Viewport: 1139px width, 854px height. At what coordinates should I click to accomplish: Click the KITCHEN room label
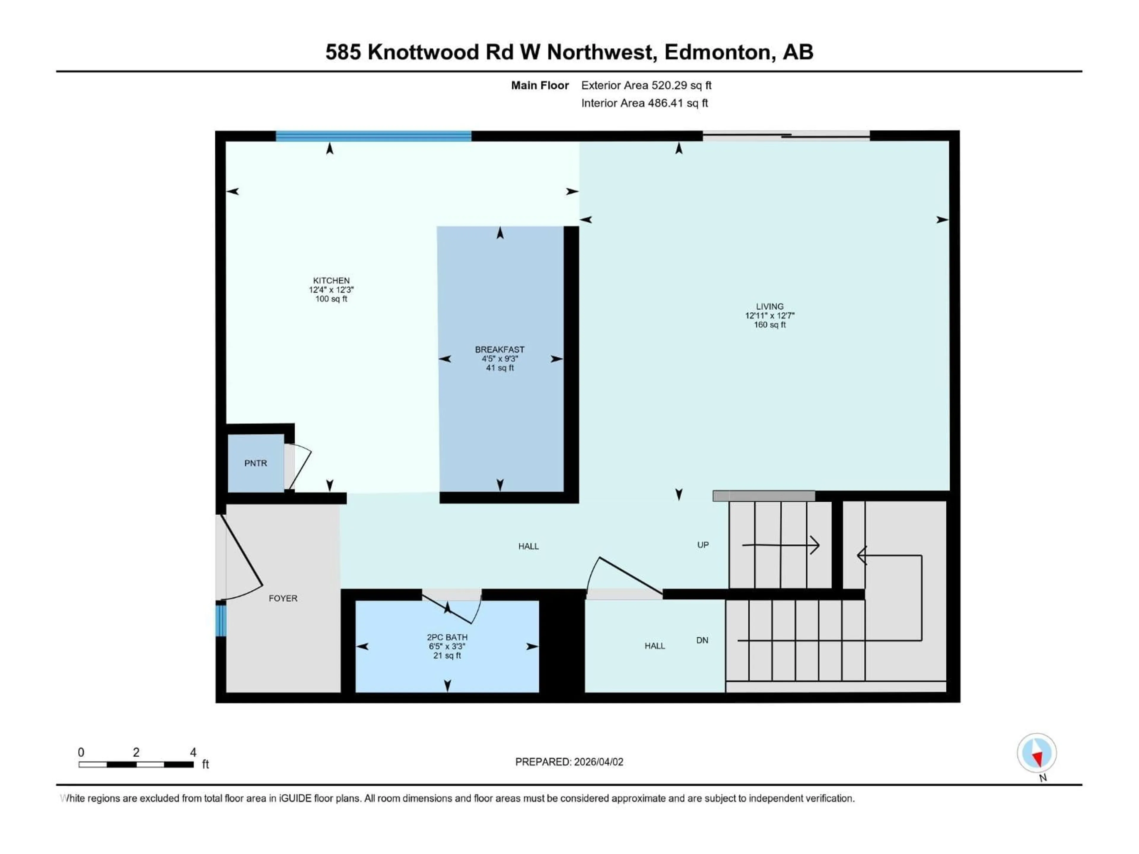331,281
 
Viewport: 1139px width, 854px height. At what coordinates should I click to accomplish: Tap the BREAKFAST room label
499,350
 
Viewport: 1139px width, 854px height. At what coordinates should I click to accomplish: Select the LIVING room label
769,306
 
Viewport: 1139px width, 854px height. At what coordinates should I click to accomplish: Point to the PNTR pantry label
255,463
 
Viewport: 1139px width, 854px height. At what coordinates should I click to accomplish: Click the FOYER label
283,598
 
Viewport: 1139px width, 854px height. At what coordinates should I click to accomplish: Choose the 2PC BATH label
447,637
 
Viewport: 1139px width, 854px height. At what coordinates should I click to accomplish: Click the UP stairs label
703,545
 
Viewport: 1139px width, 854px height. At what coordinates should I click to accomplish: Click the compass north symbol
1037,753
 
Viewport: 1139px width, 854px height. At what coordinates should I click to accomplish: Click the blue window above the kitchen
373,136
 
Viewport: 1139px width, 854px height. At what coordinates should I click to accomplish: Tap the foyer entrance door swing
242,561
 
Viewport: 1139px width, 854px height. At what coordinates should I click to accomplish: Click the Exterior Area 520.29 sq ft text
646,85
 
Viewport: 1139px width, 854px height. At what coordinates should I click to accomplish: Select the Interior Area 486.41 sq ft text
645,103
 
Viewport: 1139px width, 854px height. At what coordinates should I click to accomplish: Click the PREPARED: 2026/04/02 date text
569,762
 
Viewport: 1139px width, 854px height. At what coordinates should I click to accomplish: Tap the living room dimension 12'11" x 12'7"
769,316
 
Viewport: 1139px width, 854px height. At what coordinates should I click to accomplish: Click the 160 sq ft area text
769,325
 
